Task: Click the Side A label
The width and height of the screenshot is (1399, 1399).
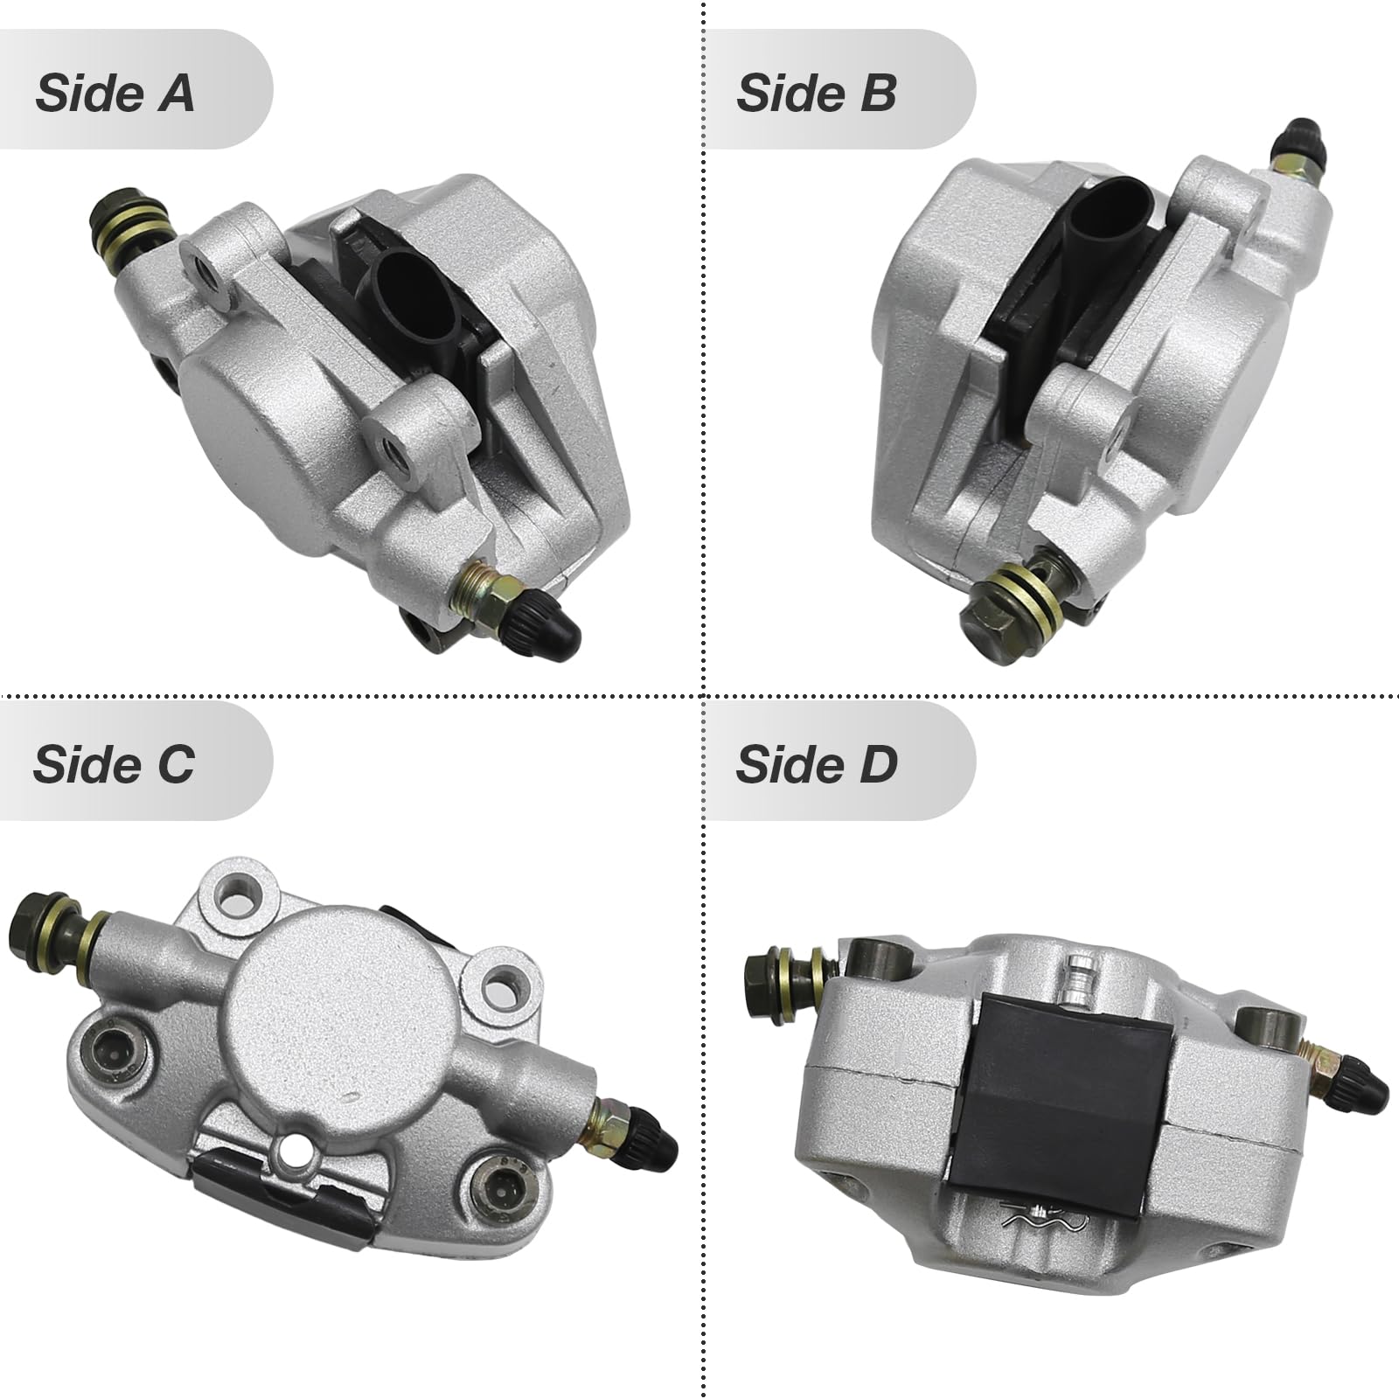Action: point(115,93)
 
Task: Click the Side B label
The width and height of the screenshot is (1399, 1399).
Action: point(817,93)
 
